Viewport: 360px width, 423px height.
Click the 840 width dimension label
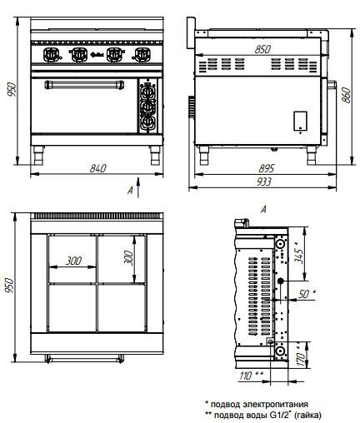(97, 168)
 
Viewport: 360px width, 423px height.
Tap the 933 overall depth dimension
(263, 182)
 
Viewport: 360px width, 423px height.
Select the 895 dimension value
(266, 168)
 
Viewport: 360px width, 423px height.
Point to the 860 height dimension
(347, 96)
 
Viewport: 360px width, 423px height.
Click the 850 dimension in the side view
(262, 49)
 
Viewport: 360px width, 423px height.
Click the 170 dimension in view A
(301, 359)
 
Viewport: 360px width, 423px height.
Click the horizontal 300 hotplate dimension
(73, 261)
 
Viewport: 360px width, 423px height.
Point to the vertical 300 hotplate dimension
(128, 258)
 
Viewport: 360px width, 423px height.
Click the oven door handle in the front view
(84, 85)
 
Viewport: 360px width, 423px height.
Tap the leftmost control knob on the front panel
(52, 55)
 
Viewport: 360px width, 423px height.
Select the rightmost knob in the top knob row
(142, 55)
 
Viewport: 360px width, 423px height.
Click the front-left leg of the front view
(38, 155)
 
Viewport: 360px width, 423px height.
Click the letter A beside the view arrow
(130, 190)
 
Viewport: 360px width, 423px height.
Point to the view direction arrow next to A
(138, 187)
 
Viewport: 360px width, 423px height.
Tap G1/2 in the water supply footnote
(279, 415)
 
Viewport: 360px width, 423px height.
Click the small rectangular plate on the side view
(300, 121)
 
